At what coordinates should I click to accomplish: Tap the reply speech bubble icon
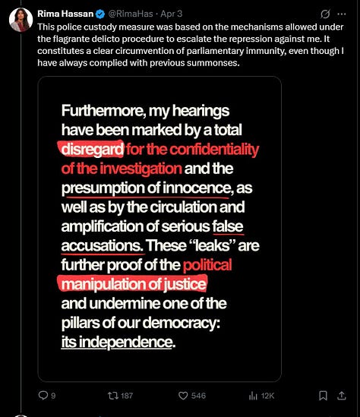(43, 395)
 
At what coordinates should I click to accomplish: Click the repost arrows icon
(114, 395)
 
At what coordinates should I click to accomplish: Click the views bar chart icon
(254, 395)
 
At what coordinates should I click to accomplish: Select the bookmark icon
(322, 395)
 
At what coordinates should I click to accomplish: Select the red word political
(207, 266)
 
